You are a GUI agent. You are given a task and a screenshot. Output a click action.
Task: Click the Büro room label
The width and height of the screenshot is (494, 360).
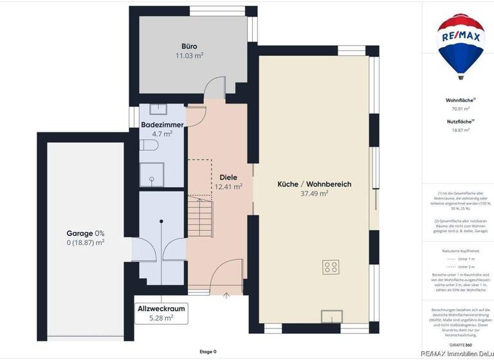(189, 46)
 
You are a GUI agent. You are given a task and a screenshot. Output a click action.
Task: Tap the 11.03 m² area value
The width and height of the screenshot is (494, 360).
(189, 56)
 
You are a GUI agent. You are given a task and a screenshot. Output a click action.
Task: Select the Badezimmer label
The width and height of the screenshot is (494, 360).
(162, 125)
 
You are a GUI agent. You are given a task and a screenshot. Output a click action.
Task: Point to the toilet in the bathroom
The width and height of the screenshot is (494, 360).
(149, 147)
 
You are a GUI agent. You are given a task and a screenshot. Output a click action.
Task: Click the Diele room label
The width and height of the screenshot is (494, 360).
(228, 177)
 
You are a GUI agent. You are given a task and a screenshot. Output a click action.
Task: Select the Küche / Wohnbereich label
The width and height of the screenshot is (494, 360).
(315, 184)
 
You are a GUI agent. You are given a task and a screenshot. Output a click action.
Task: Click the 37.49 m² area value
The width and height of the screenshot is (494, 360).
(315, 193)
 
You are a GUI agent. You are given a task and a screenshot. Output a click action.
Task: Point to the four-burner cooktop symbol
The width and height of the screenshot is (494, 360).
(332, 266)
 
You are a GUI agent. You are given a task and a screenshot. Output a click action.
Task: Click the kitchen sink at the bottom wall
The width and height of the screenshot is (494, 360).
(333, 316)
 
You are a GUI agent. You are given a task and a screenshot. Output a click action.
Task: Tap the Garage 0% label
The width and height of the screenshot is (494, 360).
(86, 233)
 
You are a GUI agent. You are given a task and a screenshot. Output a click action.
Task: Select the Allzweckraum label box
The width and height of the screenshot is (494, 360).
(161, 313)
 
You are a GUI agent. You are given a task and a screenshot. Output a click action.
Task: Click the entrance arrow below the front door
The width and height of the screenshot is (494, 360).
(226, 296)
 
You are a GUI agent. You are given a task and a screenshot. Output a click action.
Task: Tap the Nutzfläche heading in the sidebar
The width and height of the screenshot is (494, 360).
(459, 121)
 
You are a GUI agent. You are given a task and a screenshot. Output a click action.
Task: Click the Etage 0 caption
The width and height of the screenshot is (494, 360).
(208, 352)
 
